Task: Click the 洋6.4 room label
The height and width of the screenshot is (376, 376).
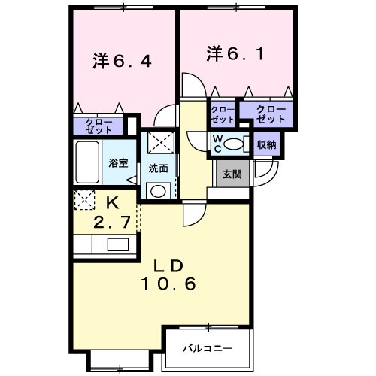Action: pyautogui.click(x=123, y=60)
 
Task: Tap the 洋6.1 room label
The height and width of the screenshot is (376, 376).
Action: pyautogui.click(x=235, y=53)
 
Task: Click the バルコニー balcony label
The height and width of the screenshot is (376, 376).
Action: pyautogui.click(x=206, y=349)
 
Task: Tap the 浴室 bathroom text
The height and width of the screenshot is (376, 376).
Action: pyautogui.click(x=118, y=162)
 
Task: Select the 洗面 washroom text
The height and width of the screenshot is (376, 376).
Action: pyautogui.click(x=158, y=168)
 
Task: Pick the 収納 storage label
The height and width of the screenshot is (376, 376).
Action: pyautogui.click(x=266, y=144)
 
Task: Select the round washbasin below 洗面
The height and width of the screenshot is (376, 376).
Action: pyautogui.click(x=158, y=191)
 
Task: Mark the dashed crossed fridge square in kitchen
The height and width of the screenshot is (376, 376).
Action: pyautogui.click(x=84, y=199)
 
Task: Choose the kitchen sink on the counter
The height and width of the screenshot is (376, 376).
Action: pyautogui.click(x=117, y=244)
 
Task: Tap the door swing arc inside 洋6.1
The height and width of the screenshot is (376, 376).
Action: pyautogui.click(x=192, y=85)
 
